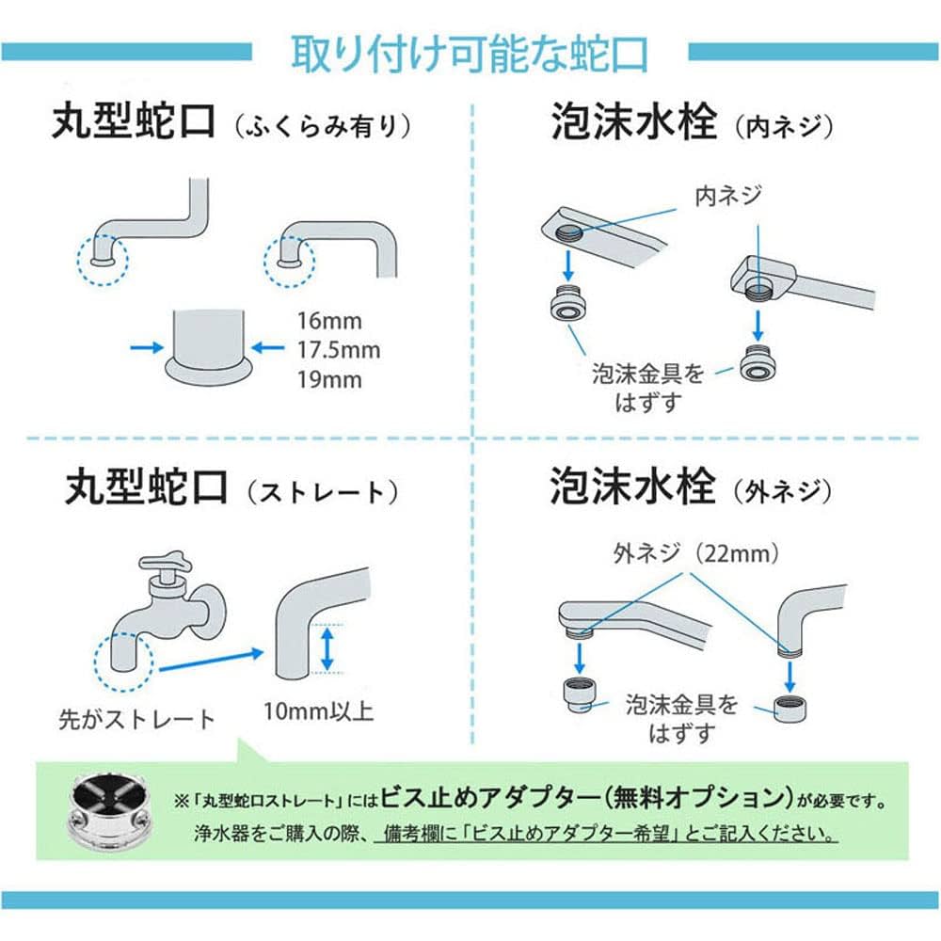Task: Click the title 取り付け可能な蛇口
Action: coord(470,54)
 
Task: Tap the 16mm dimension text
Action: coord(329,321)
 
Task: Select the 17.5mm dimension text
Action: coord(340,350)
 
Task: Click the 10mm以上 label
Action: coord(320,709)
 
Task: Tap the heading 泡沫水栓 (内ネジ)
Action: coord(691,125)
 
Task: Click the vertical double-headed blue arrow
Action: coord(327,650)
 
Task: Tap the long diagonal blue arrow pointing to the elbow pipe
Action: coord(209,659)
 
